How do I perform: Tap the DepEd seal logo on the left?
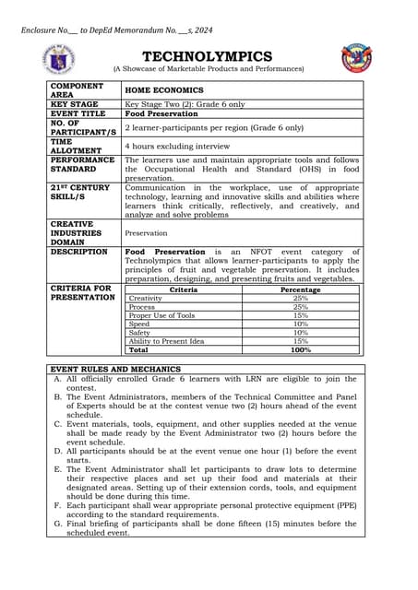click(59, 59)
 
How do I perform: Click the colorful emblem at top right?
click(356, 58)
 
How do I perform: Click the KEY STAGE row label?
click(75, 105)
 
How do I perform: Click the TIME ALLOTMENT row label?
click(75, 146)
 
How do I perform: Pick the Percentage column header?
click(300, 289)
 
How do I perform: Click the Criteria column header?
click(183, 289)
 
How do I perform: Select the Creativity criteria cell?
click(146, 299)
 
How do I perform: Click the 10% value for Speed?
click(300, 324)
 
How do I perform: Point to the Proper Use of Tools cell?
click(161, 315)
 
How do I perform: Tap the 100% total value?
click(300, 350)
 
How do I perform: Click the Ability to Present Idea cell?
click(166, 341)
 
